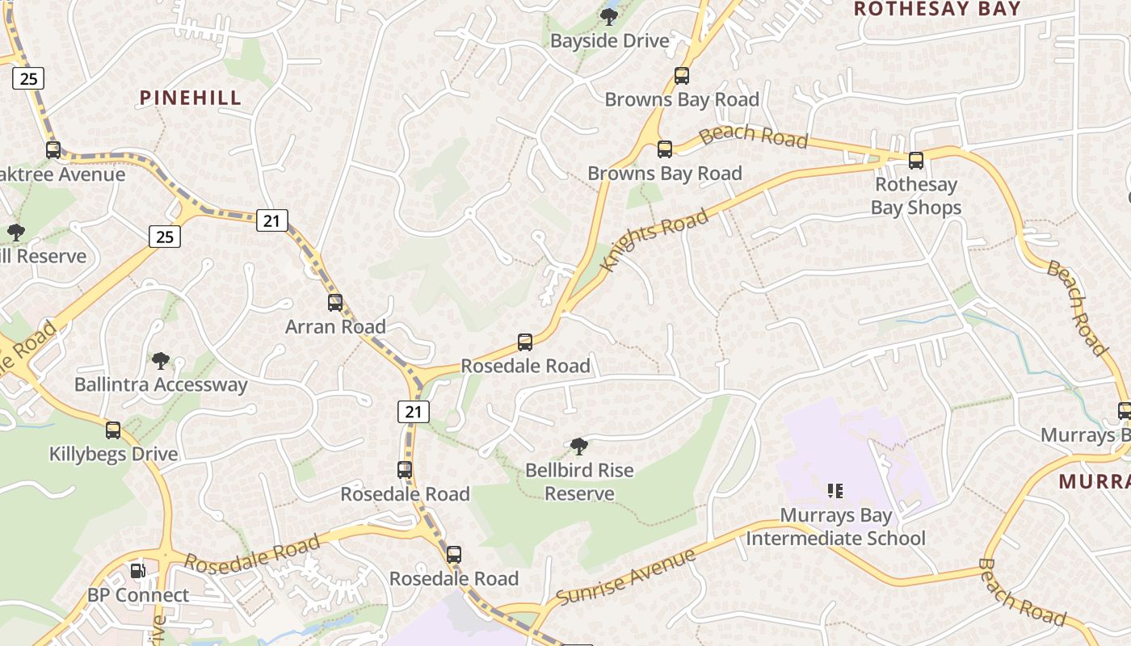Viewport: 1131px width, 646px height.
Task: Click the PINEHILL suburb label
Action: [191, 98]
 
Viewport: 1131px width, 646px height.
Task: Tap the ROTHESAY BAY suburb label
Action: [937, 9]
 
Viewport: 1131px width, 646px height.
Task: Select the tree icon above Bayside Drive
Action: [609, 16]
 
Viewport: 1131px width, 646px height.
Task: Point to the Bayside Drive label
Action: [610, 40]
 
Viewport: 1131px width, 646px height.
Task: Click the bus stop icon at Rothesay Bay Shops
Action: [915, 161]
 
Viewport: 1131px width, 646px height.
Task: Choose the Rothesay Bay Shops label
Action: [916, 196]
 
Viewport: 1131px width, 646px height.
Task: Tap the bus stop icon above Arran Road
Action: [335, 303]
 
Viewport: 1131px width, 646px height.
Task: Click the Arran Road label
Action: [335, 327]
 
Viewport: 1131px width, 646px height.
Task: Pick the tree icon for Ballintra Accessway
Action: [161, 360]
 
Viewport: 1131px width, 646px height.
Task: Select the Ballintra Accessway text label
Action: [161, 384]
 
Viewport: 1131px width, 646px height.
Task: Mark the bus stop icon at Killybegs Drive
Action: [113, 430]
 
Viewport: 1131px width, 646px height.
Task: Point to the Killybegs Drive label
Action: [113, 454]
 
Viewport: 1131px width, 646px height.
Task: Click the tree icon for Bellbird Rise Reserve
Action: [578, 446]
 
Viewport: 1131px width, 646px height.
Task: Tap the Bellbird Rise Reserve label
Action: [579, 481]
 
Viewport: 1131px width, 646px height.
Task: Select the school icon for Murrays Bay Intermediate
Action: [835, 490]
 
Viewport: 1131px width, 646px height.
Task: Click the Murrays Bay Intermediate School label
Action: [835, 526]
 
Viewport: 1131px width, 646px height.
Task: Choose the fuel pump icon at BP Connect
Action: [138, 571]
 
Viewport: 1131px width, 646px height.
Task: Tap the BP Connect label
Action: [138, 595]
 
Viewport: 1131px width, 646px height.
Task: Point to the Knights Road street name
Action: [655, 239]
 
